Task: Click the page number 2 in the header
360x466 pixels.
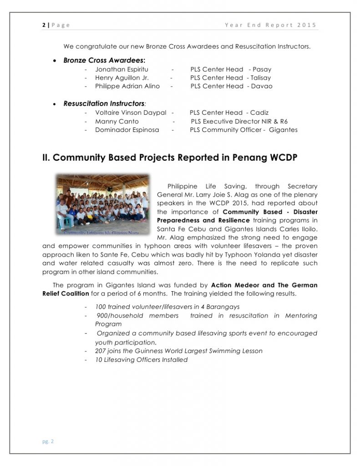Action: coord(44,25)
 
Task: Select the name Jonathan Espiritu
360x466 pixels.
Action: coord(119,70)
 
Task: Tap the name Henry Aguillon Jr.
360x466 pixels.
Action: coord(119,78)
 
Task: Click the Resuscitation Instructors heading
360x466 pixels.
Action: coord(104,104)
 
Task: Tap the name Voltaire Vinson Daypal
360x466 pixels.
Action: coord(131,113)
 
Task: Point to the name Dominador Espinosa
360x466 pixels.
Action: coord(127,130)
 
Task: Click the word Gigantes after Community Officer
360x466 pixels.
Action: coord(283,130)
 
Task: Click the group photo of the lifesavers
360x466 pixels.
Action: coord(102,204)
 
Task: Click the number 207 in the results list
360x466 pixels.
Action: coord(101,351)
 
